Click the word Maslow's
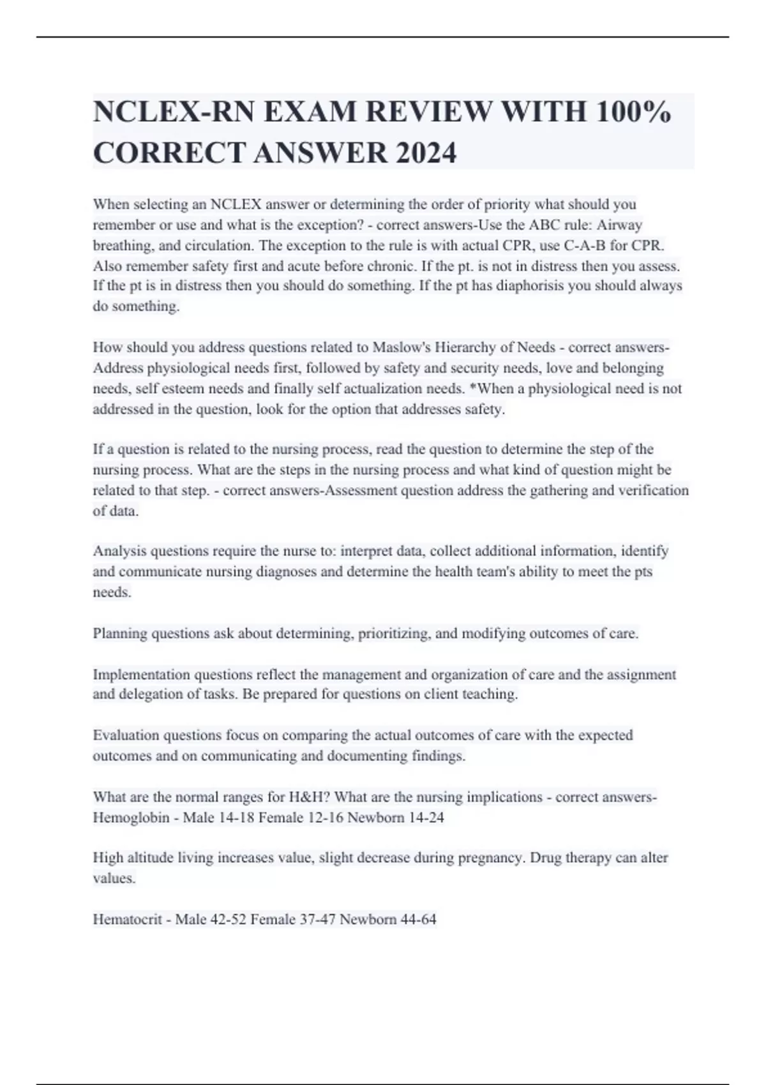399,348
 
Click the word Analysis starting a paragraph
119,551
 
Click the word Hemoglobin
131,818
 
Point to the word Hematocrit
127,920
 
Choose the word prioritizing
394,634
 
